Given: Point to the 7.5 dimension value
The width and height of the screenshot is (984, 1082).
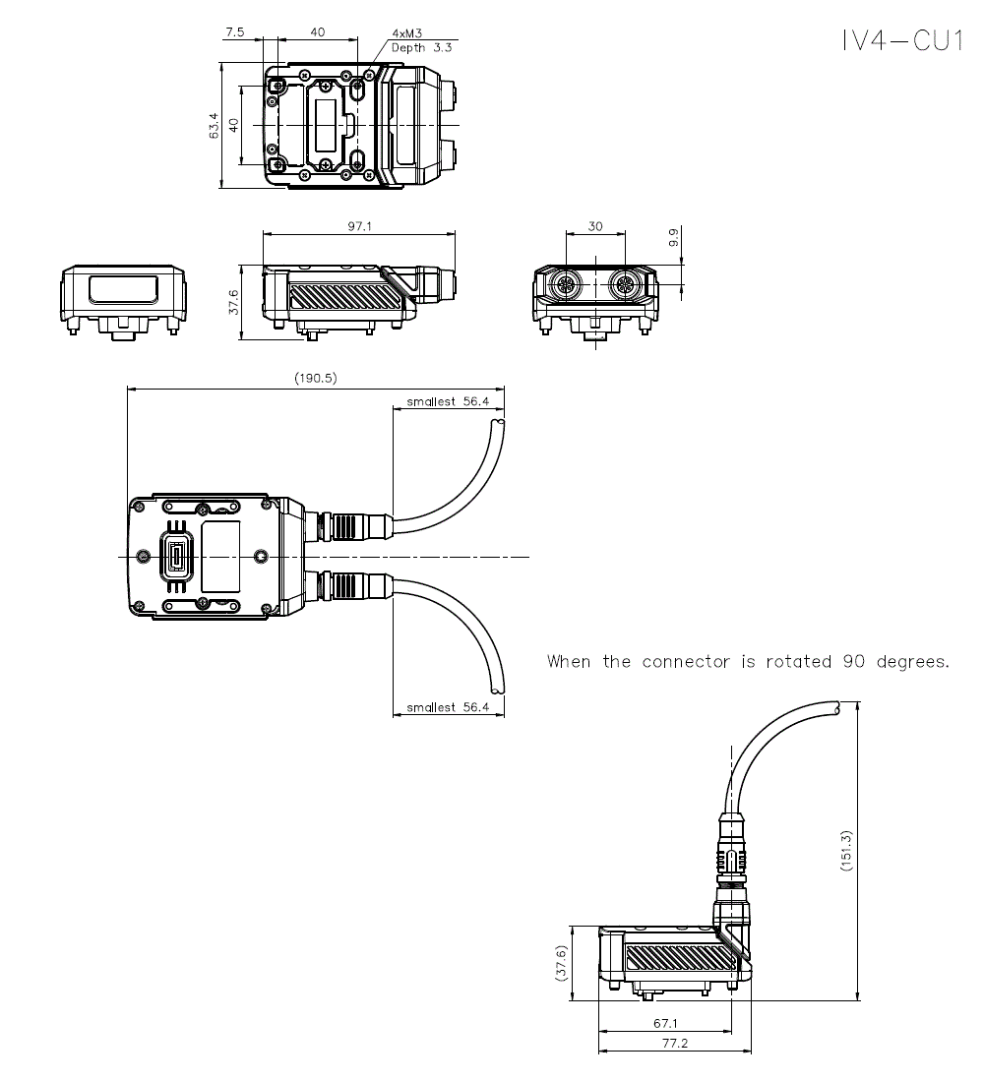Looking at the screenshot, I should (x=235, y=32).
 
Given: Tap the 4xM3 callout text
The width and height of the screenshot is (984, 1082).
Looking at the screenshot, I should (x=407, y=33).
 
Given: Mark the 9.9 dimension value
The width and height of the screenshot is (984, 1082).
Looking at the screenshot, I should (x=673, y=238).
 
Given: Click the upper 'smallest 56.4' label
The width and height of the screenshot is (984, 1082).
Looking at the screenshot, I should (x=448, y=401).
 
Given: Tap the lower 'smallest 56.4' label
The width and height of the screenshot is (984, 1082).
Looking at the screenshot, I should (x=448, y=707).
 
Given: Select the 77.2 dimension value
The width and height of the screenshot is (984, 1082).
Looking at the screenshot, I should (x=674, y=1044).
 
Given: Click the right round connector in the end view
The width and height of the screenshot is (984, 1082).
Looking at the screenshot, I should (x=624, y=287).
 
